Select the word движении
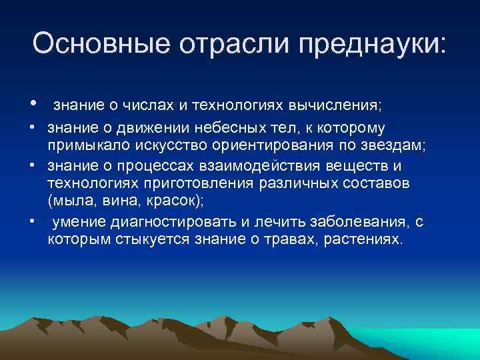pos(138,127)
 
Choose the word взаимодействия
pos(273,165)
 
